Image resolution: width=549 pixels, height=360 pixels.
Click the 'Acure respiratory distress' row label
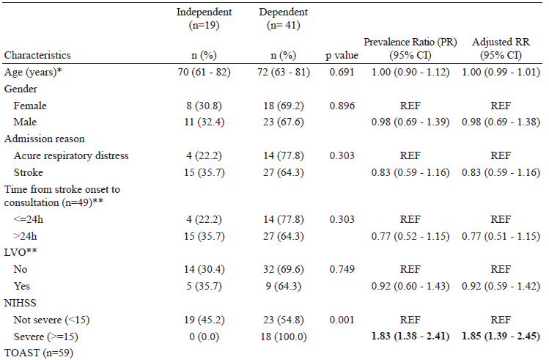coord(70,155)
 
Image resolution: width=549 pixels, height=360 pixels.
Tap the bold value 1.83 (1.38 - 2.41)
coord(410,336)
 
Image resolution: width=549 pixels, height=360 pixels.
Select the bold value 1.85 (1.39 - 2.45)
coord(501,336)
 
